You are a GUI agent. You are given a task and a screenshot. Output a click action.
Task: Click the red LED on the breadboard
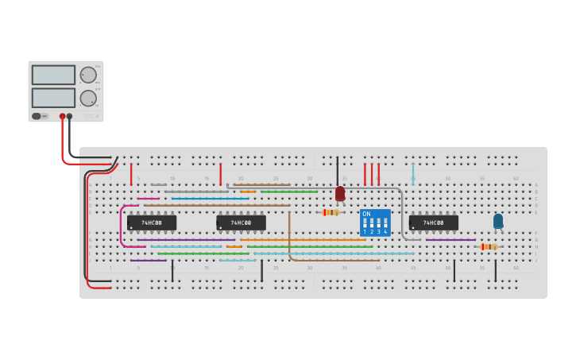click(340, 193)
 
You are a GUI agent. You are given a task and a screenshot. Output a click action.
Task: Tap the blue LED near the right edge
click(498, 221)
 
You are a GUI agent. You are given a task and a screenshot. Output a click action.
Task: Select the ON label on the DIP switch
click(366, 214)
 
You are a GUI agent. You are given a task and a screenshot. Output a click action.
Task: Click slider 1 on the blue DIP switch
click(365, 225)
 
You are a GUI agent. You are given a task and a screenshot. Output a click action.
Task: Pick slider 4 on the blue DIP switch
click(385, 225)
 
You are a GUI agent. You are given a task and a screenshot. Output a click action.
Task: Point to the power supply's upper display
click(53, 75)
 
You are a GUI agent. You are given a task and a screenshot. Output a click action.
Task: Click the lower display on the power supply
click(53, 98)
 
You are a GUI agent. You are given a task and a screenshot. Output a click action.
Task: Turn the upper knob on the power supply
click(87, 75)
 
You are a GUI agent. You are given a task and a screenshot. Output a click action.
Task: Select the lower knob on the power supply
click(87, 99)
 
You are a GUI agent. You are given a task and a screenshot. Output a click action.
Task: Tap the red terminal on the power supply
click(62, 116)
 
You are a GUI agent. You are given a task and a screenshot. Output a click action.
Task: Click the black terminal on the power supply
click(70, 116)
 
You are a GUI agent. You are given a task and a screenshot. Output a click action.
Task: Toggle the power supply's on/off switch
click(37, 116)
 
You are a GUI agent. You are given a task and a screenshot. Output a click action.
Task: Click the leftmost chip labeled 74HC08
click(152, 223)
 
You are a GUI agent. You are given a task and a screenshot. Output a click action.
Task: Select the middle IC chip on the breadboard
click(241, 223)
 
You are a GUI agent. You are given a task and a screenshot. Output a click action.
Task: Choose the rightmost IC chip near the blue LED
click(433, 223)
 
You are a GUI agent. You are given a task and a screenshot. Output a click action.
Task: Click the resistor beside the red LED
click(331, 212)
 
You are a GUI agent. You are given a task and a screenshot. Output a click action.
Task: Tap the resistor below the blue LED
click(489, 246)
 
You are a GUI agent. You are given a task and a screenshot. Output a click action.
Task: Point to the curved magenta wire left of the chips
click(122, 226)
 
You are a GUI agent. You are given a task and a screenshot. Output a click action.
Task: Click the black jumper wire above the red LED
click(337, 170)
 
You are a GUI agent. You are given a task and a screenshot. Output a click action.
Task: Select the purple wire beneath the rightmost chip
click(450, 239)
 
